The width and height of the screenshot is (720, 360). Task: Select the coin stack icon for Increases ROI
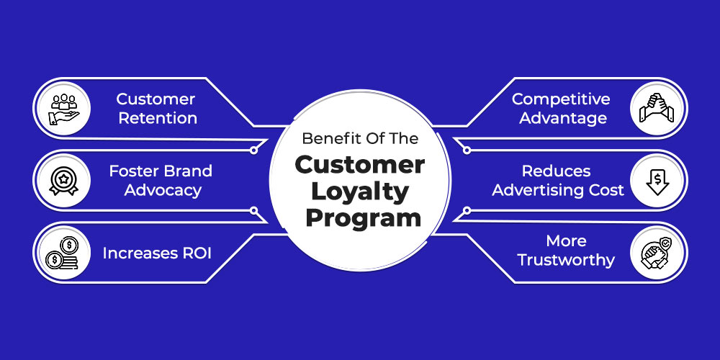63,253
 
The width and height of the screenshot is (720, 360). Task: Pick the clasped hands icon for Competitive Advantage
657,109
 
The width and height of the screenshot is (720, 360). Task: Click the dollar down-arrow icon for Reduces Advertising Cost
657,181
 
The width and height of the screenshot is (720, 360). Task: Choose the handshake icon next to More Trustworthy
657,253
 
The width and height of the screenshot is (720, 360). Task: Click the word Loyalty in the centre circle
359,193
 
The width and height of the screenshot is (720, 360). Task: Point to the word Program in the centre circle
363,217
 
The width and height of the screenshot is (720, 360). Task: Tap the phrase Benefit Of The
360,139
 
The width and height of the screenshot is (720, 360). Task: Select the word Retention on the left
158,118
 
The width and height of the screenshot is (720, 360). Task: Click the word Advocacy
163,190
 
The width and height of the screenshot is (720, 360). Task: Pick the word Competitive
561,99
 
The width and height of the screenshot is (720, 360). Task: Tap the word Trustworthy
566,261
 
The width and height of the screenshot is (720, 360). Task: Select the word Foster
131,171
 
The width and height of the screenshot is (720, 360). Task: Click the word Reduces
556,171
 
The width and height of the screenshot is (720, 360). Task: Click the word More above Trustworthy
566,240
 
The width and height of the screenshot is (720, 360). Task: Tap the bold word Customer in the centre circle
360,165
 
